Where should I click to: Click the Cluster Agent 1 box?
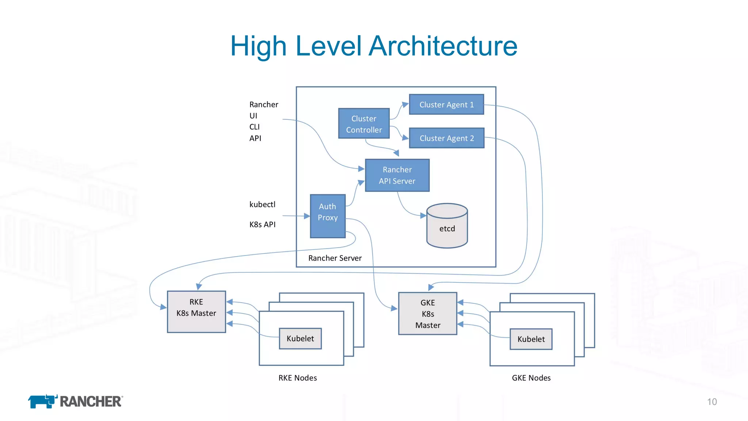tap(446, 105)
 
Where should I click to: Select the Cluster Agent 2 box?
tap(446, 138)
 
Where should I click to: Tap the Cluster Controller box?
tap(364, 124)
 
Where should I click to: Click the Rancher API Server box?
tap(397, 175)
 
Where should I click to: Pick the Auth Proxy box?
tap(328, 216)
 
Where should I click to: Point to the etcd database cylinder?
tap(447, 227)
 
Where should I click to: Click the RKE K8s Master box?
tap(196, 311)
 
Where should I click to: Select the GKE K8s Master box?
tap(427, 314)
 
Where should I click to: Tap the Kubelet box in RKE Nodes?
tap(300, 338)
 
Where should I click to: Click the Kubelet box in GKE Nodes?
tap(531, 339)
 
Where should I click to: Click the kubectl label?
tap(262, 205)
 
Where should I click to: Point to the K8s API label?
tap(262, 224)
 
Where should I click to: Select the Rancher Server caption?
tap(335, 258)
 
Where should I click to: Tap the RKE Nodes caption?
tap(297, 378)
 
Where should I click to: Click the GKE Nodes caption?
tap(531, 378)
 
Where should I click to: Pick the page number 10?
tap(711, 402)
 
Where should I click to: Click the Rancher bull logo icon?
tap(42, 401)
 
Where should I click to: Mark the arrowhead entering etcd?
tap(423, 216)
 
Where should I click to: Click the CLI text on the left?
tap(254, 127)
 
